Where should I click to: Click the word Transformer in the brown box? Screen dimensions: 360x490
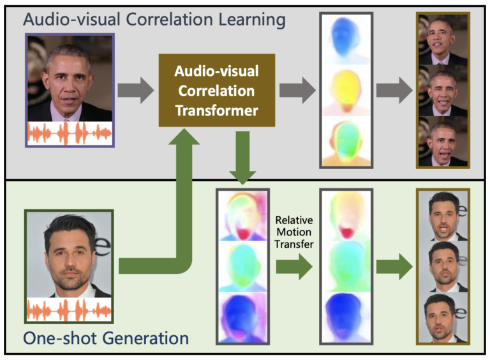click(216, 110)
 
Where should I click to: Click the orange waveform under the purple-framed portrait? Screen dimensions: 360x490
click(70, 134)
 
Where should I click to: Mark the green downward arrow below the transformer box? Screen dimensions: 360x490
click(242, 156)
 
